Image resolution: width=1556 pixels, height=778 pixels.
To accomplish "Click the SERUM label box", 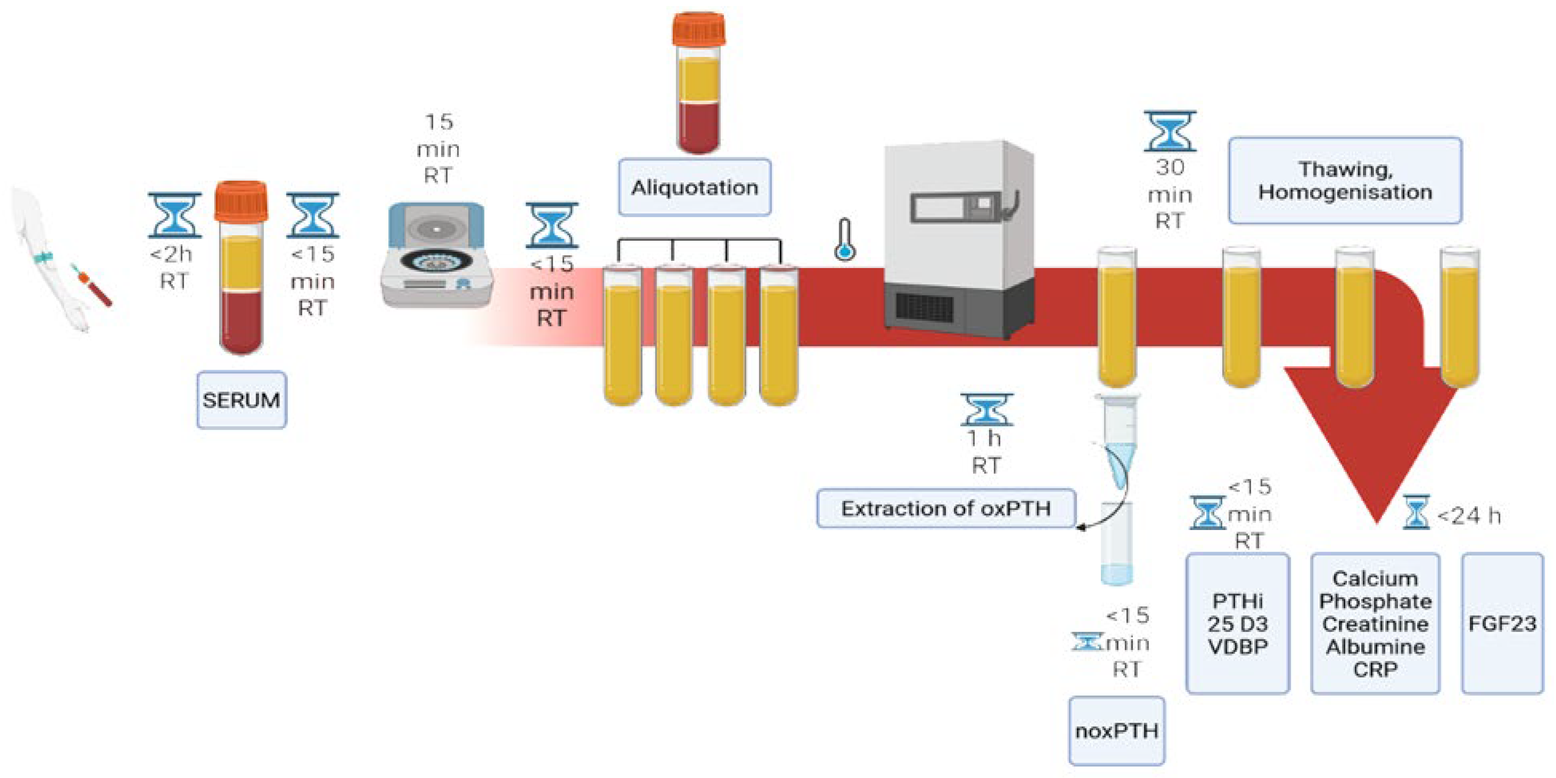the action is (x=242, y=400).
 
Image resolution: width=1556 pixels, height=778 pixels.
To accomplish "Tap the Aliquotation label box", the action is (x=695, y=187).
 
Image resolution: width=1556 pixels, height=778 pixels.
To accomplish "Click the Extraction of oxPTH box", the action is (x=946, y=509).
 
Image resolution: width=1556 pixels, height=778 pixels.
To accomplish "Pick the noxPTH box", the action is (x=1117, y=731).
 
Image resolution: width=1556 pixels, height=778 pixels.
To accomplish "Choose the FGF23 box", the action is (x=1502, y=623).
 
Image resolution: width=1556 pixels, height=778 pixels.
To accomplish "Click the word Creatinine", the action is (x=1375, y=624).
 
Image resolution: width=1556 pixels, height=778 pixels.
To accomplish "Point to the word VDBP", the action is (x=1238, y=646).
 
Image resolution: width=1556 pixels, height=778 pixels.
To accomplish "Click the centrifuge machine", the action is (x=436, y=255).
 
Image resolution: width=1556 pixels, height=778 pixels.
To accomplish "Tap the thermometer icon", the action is (x=845, y=240).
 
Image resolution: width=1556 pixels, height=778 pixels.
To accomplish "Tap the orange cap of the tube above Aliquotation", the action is (x=699, y=29).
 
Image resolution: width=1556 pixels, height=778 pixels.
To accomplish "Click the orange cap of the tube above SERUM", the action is (x=241, y=201).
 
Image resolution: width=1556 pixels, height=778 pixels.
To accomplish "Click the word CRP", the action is (x=1375, y=670).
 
